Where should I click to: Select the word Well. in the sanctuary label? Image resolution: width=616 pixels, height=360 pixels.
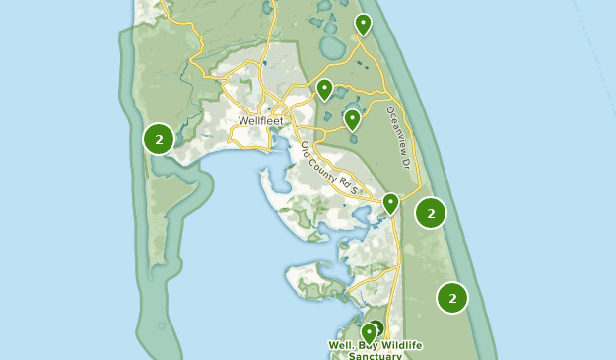coord(341,346)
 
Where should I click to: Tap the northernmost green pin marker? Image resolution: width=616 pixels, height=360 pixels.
coord(363,23)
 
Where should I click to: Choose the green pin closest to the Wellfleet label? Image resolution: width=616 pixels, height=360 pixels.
coord(324,89)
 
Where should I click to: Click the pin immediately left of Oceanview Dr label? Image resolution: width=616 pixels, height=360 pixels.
coord(352,119)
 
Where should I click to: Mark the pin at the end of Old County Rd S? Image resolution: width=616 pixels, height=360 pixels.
coord(390,203)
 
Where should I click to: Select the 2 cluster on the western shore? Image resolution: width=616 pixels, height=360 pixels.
coord(159,139)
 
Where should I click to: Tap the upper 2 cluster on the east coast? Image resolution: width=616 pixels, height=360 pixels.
coord(431,212)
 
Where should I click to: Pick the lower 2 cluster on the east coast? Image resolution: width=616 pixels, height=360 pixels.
coord(452,297)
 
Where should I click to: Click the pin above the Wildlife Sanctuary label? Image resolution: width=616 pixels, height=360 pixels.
coord(368,332)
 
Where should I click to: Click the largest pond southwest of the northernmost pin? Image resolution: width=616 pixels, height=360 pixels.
coord(332,46)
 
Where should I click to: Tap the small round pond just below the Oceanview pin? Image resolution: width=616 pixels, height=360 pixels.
coord(352,138)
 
